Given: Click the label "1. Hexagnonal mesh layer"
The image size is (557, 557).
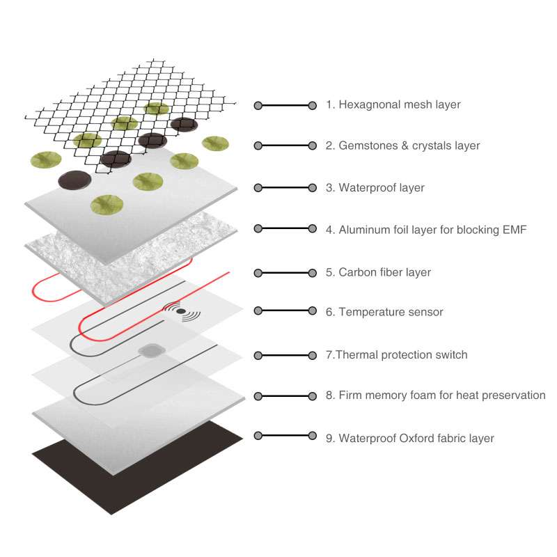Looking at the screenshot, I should point(393,105).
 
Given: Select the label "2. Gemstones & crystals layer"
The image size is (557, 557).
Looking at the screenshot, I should point(403,146).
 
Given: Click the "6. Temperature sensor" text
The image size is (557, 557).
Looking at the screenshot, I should point(384,313).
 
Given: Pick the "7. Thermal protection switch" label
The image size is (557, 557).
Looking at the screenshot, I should point(397,355).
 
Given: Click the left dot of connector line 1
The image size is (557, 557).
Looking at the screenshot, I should point(258,106).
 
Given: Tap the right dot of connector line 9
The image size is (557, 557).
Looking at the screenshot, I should point(312,436).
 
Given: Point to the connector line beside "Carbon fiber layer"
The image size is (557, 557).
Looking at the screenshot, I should point(285,272).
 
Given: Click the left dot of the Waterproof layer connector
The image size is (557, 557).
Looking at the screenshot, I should point(258,188).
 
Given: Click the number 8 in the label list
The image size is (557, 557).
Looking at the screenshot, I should point(329,395).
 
